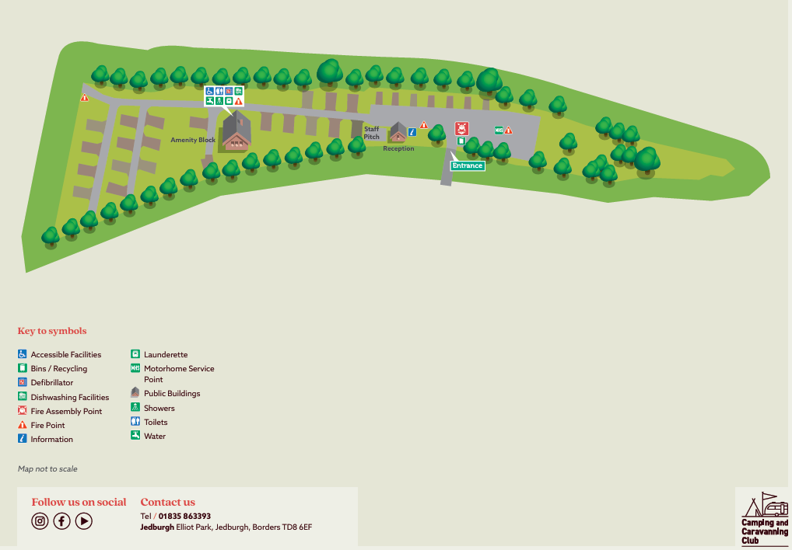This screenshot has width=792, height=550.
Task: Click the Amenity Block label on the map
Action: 193,140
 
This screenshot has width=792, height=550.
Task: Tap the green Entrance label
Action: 467,165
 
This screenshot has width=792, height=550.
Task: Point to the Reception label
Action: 398,148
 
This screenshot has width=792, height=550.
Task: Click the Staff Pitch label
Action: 372,133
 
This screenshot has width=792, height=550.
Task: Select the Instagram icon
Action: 40,521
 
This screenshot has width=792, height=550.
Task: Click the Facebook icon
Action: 61,521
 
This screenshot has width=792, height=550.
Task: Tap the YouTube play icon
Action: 84,521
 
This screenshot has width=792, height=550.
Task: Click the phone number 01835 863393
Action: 184,516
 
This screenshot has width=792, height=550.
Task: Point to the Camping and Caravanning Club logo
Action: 764,518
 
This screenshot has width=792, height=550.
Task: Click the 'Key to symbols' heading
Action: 52,331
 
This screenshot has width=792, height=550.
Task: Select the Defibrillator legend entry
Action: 51,383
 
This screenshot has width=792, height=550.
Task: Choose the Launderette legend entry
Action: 165,355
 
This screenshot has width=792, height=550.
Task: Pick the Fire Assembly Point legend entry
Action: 66,411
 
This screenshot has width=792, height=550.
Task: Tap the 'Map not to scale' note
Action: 47,469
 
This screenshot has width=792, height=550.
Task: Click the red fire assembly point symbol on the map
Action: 461,128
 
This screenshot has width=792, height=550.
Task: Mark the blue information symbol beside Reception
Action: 412,132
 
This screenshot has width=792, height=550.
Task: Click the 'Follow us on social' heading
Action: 79,502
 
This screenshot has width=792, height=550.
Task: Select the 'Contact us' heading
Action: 167,502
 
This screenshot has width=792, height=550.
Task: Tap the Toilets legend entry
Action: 155,422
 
